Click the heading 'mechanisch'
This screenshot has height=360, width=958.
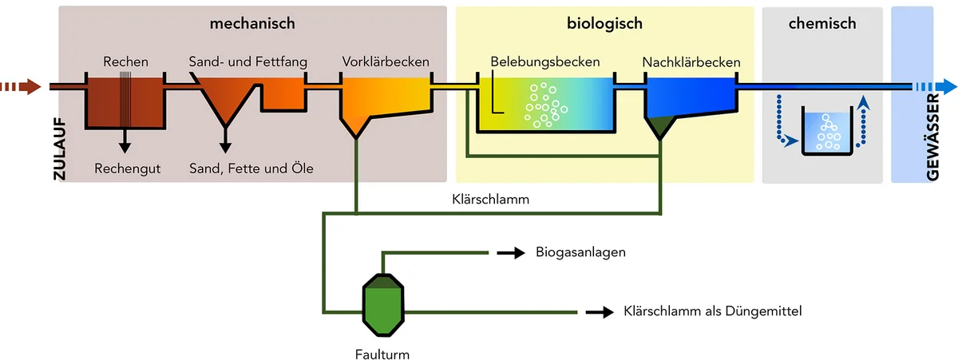pyautogui.click(x=252, y=24)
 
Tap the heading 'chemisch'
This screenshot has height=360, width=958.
pyautogui.click(x=821, y=24)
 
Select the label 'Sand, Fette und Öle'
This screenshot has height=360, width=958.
pyautogui.click(x=251, y=168)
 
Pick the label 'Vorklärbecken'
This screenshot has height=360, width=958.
pyautogui.click(x=386, y=61)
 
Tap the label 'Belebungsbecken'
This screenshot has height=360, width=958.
pyautogui.click(x=545, y=61)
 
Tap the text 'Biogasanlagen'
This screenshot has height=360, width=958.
pyautogui.click(x=580, y=253)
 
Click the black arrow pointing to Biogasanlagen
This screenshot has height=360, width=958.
pyautogui.click(x=508, y=253)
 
